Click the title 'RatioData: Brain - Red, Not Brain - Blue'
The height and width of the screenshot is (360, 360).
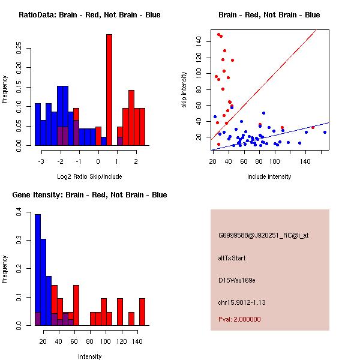89,15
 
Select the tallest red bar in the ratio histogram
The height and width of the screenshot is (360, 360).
109,90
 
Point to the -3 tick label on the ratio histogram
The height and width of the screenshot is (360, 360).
41,161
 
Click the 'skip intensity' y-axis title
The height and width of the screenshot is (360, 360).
185,90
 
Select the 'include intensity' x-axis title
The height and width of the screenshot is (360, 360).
269,176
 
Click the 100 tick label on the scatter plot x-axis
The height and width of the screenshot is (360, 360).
274,161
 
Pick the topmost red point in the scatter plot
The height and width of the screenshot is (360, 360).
218,35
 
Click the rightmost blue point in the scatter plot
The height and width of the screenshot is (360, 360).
325,132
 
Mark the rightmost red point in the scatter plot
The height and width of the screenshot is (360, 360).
313,127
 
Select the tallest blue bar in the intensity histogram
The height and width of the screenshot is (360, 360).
38,270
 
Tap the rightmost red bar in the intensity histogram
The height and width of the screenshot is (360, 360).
142,312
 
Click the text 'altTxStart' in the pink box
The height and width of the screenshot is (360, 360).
232,258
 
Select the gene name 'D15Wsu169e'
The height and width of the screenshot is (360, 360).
237,280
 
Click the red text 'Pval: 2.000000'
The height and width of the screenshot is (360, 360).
239,319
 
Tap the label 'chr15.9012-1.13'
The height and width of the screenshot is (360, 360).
242,301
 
